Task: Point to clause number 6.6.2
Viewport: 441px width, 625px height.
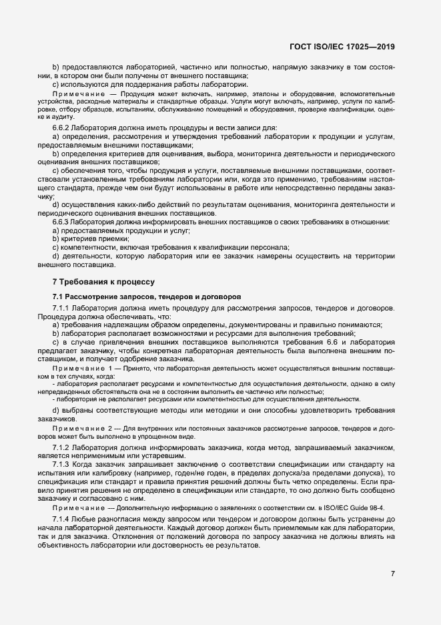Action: [63, 127]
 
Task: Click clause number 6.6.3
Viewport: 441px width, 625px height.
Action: [63, 221]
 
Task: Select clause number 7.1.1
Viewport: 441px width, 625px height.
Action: [62, 308]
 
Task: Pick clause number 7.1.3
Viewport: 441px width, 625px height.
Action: [62, 463]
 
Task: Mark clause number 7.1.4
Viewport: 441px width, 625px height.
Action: [62, 519]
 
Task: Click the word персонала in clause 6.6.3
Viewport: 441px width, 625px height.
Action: [267, 247]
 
